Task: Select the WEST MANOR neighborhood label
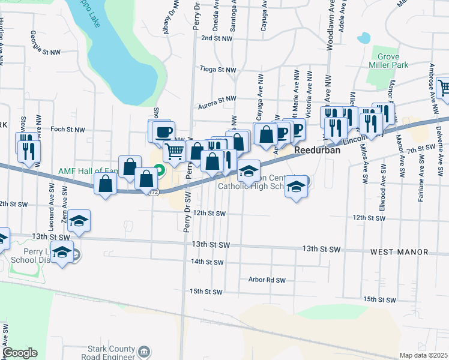[399, 252]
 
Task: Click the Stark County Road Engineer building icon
[144, 351]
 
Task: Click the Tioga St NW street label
[218, 70]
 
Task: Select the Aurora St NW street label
[218, 98]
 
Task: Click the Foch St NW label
[68, 129]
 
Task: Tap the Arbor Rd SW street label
[265, 279]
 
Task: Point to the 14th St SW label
[206, 262]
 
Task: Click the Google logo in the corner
[20, 353]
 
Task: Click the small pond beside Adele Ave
[363, 38]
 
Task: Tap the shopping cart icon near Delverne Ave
[443, 88]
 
